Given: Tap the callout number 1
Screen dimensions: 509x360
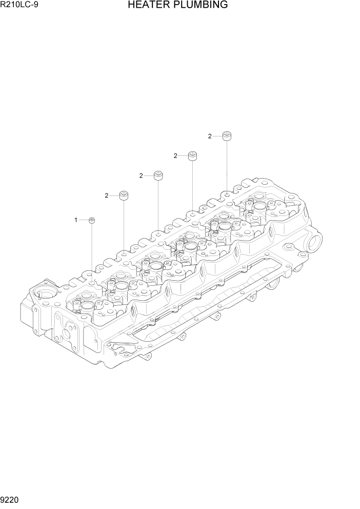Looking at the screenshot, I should point(75,220).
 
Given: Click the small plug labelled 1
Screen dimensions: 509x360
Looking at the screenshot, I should point(92,221).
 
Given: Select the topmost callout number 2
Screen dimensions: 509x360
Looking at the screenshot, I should point(209,136).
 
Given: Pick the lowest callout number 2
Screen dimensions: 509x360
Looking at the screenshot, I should point(106,195).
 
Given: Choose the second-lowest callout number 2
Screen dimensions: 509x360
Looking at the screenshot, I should point(141,176).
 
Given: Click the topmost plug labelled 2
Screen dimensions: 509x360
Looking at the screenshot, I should point(227,136).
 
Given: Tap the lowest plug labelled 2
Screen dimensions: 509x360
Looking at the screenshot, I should point(124,195).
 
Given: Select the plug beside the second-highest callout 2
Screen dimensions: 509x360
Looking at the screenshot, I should point(192,155).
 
